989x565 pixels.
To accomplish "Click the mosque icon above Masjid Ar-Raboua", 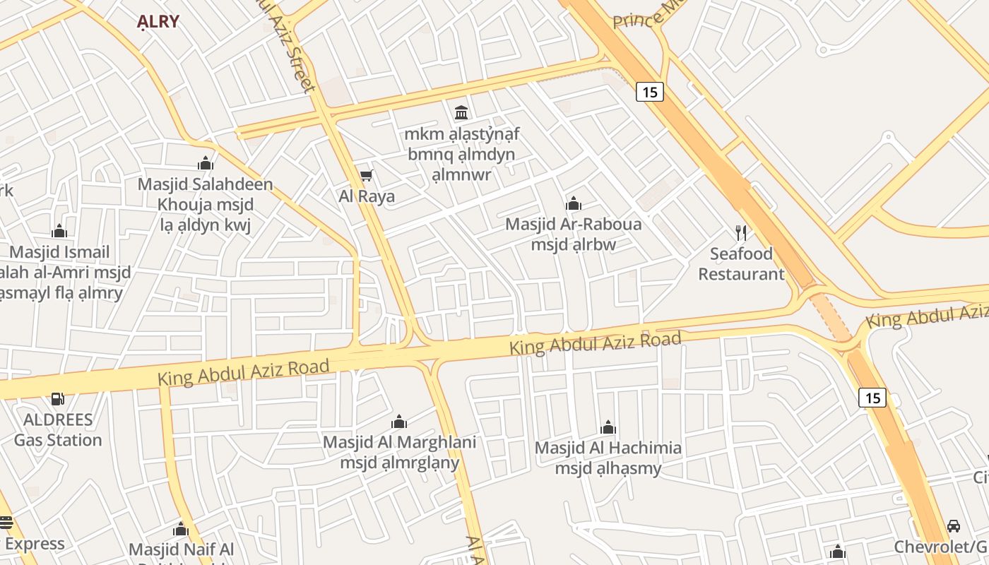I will [x=574, y=204].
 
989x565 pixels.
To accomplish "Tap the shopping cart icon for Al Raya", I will [x=366, y=175].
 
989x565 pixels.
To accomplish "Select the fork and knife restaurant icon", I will [x=741, y=232].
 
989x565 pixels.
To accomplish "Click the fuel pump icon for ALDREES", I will [x=58, y=399].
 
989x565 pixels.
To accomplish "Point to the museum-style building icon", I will [x=461, y=112].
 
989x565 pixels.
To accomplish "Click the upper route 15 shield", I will [x=649, y=92].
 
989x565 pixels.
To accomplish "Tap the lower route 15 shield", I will [x=872, y=398].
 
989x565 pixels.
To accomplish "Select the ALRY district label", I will [x=158, y=21].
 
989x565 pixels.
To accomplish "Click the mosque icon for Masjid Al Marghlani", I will [x=399, y=422].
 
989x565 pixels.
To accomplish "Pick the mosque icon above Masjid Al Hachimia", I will [x=608, y=427].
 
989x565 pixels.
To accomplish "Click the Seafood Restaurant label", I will [x=741, y=263].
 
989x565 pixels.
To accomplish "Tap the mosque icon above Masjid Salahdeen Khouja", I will [x=206, y=164].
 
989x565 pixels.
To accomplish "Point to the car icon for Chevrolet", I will [x=953, y=526].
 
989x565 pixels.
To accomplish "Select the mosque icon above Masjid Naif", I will [x=181, y=530].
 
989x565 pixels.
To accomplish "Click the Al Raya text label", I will [x=367, y=196].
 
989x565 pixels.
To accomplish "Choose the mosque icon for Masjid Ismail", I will [x=59, y=231].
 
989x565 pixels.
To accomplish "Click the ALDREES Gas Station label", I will [x=58, y=429].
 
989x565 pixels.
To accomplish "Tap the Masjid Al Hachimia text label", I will [x=608, y=458].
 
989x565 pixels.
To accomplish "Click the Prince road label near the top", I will [x=639, y=16].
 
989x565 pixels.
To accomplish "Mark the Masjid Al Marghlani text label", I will [x=399, y=452].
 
